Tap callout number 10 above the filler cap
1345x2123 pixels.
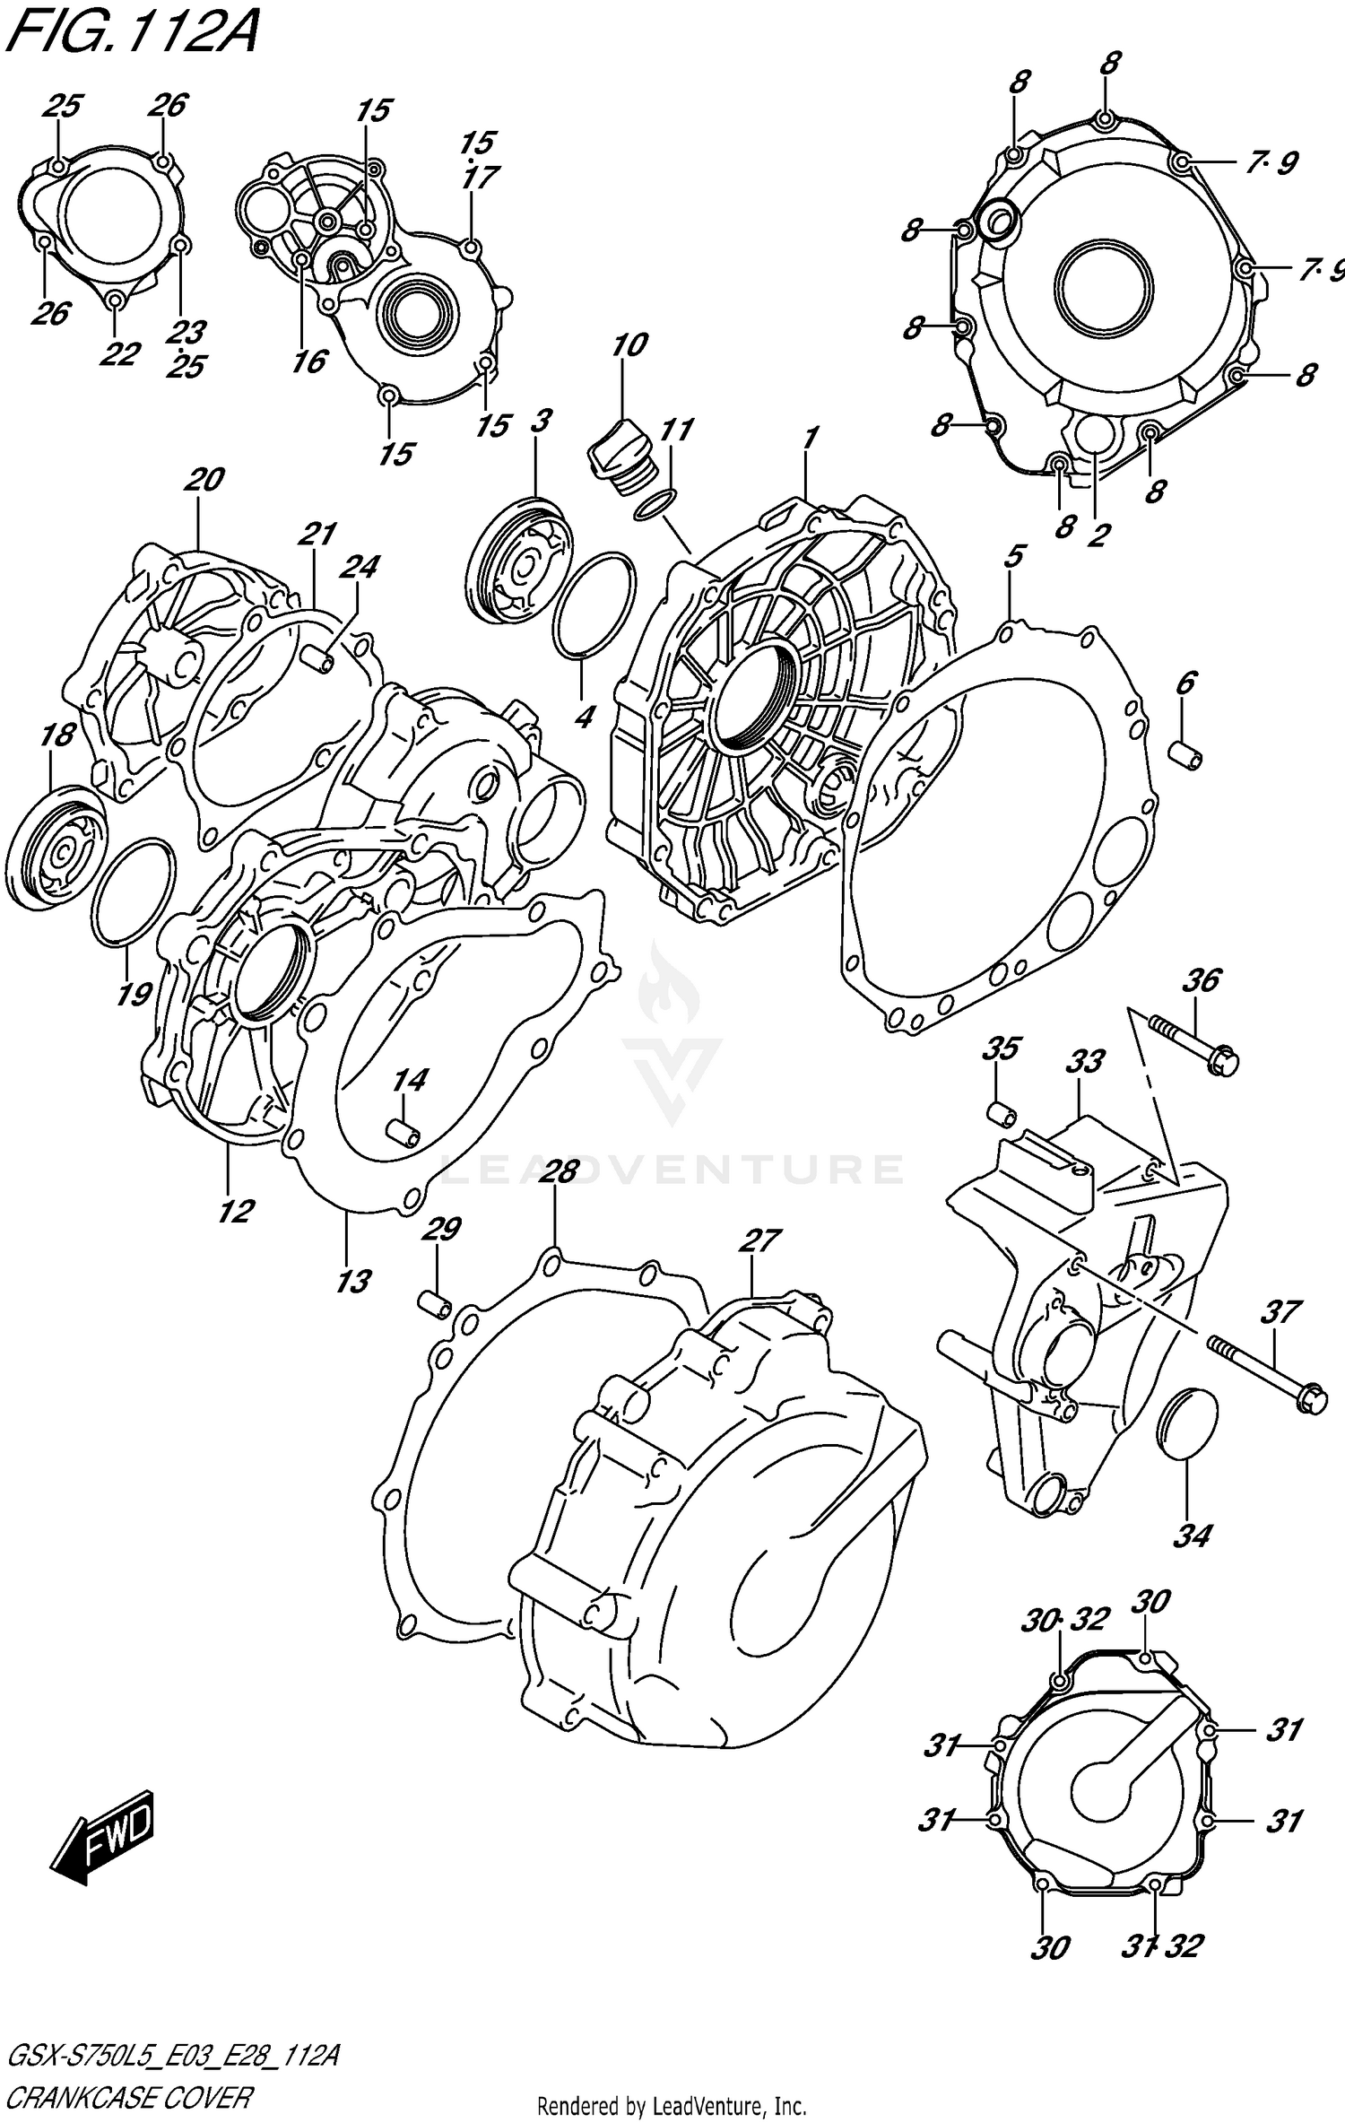click(629, 345)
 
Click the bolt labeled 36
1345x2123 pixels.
click(1193, 1044)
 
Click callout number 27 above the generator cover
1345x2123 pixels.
click(759, 1240)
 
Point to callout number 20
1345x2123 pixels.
click(204, 480)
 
